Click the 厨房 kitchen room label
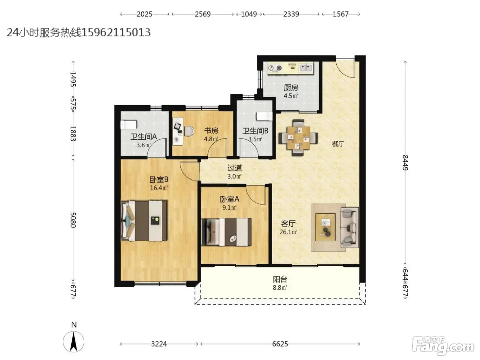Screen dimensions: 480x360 (291, 88)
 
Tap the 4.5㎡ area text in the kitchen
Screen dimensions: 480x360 (291, 96)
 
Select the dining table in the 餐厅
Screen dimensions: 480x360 (298, 138)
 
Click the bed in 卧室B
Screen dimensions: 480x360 (144, 220)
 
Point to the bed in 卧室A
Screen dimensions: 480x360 (226, 232)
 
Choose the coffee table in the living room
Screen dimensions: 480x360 (325, 227)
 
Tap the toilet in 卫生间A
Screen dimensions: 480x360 (129, 124)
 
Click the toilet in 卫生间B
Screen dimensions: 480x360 (264, 116)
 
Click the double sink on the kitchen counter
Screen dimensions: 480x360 (305, 68)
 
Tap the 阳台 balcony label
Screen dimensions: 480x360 (280, 279)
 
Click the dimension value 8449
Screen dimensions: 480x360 (405, 163)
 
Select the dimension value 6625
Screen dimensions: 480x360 (280, 344)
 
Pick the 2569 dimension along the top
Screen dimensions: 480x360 (203, 14)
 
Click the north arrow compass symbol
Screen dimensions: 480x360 (73, 341)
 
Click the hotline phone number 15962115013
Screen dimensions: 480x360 (116, 32)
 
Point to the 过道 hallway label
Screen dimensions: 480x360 (235, 168)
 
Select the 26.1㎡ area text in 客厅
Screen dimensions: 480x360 (288, 232)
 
